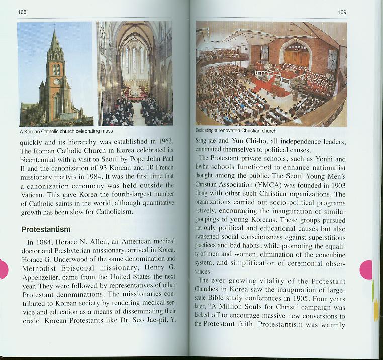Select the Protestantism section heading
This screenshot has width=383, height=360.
[x=46, y=229]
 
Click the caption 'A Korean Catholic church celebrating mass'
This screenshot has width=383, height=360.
[x=66, y=131]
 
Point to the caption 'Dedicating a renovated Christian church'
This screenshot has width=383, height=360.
[x=236, y=131]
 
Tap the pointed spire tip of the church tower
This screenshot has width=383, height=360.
[x=54, y=31]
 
